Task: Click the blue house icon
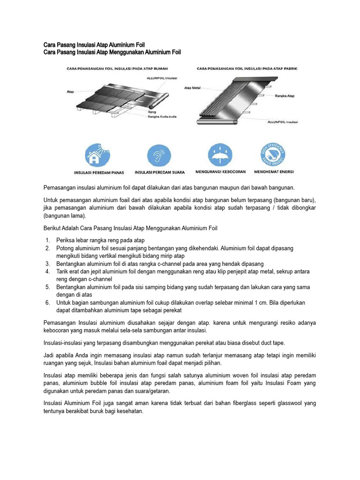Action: (x=99, y=155)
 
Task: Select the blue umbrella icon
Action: (x=219, y=155)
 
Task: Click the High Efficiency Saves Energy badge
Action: (x=274, y=155)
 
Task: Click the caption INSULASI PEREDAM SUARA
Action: (x=159, y=172)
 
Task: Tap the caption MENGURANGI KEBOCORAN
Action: (x=220, y=172)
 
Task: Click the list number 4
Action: (x=48, y=271)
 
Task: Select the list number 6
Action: (x=48, y=302)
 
